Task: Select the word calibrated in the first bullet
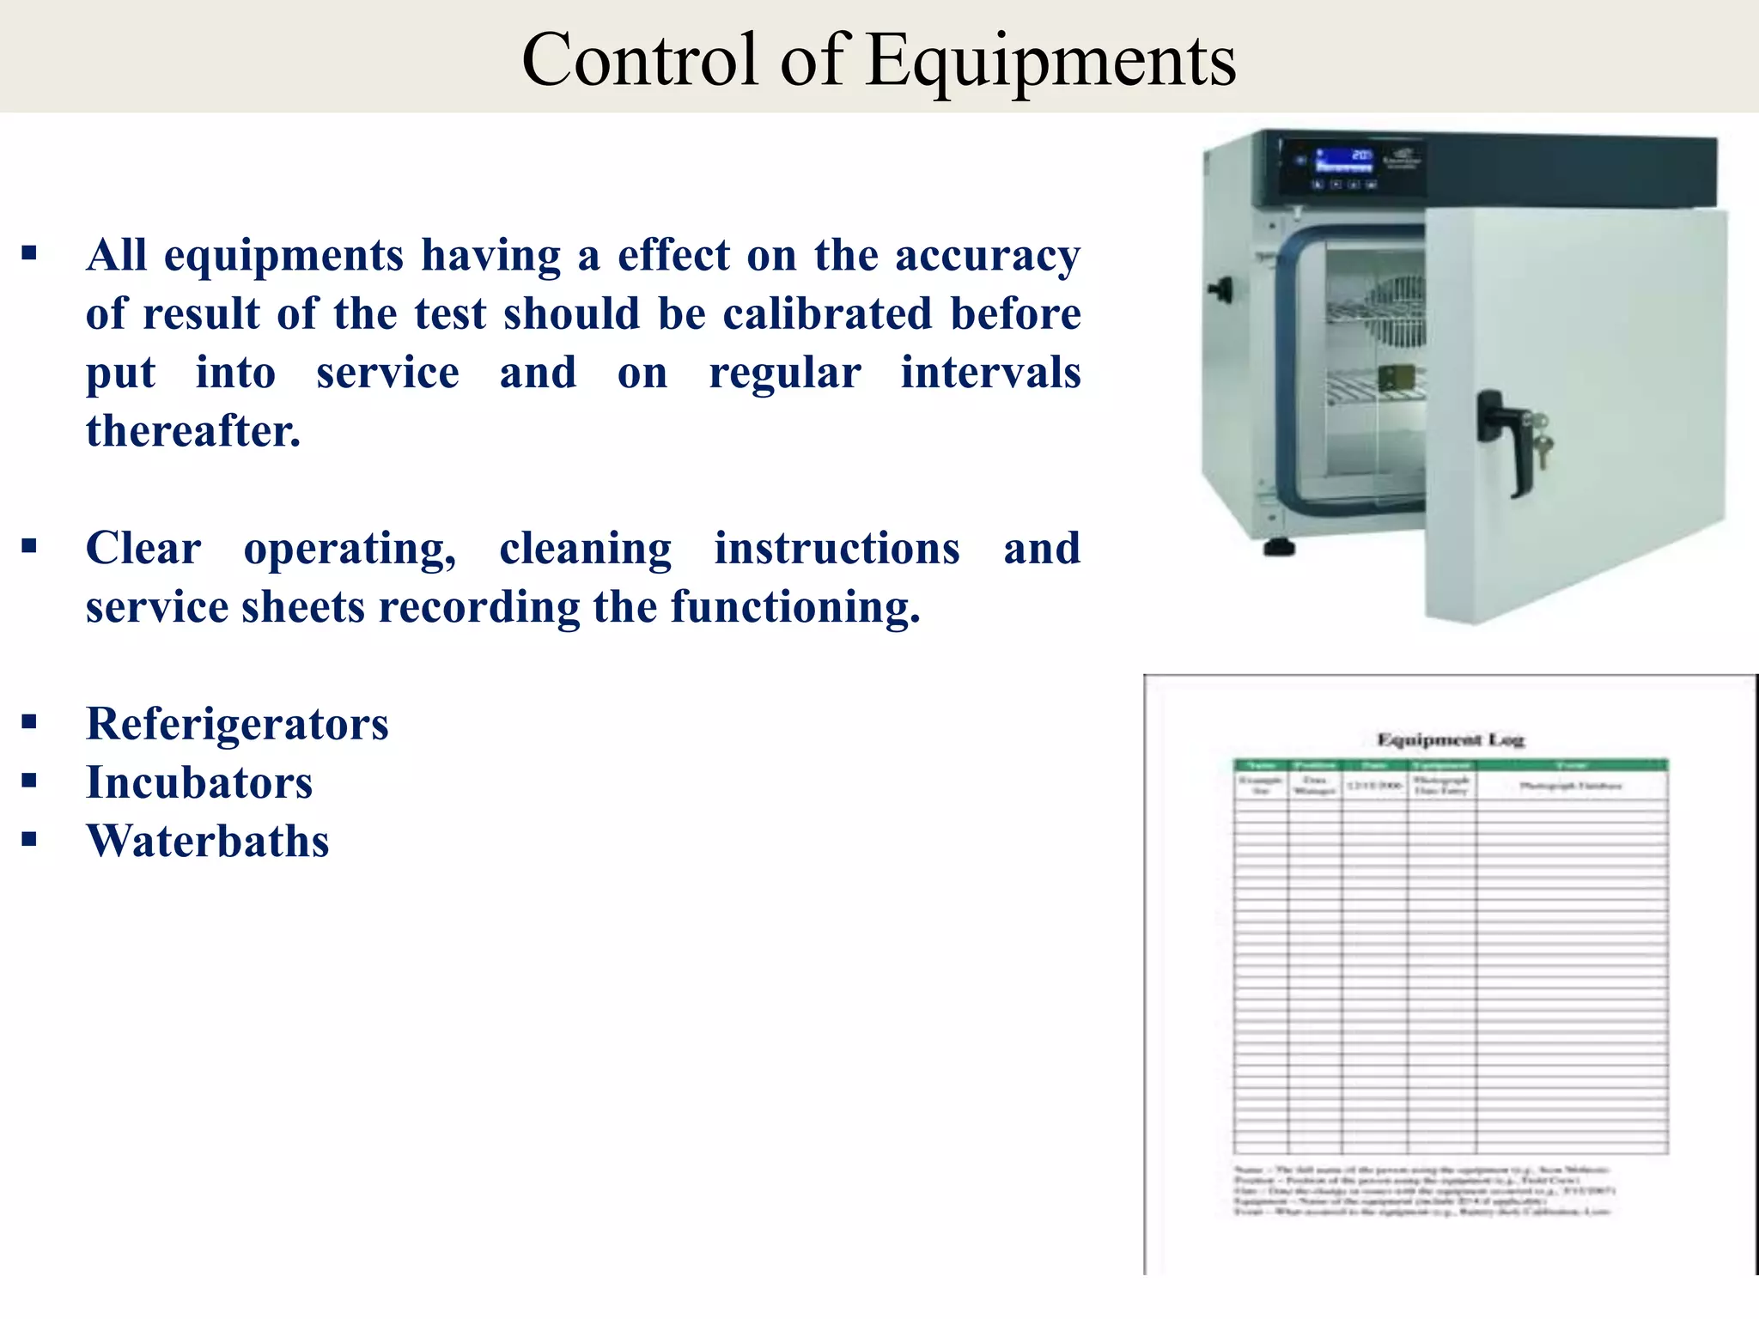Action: [826, 313]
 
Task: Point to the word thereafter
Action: [193, 430]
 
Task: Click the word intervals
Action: [990, 372]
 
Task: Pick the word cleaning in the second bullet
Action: [586, 548]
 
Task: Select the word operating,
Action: [350, 548]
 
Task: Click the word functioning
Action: [795, 607]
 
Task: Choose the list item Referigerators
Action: [237, 724]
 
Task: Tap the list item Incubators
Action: [199, 782]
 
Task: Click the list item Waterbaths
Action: [208, 841]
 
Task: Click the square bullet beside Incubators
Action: [30, 781]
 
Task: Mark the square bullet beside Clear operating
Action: [30, 546]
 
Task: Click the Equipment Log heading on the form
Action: [1451, 739]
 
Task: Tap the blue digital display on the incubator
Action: [1345, 161]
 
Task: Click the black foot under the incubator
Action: [1279, 547]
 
